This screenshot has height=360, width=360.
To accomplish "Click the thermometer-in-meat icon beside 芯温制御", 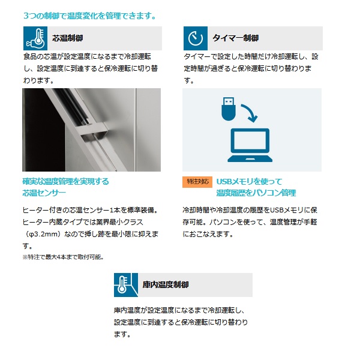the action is (x=35, y=38).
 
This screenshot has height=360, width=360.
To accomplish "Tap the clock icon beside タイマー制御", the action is (x=196, y=38).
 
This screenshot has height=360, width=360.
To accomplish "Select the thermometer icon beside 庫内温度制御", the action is (x=126, y=285).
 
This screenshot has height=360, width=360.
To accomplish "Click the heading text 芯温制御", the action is (x=67, y=38).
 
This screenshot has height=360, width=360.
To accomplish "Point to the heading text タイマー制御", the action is (x=236, y=38).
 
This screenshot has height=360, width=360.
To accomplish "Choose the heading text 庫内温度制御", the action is (x=166, y=284).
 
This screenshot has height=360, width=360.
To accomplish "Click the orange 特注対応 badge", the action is (x=197, y=182).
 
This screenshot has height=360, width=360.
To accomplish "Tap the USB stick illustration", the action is (x=228, y=109).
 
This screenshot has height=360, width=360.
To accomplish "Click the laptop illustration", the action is (x=250, y=145).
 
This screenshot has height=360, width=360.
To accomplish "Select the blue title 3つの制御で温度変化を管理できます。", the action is (x=90, y=16).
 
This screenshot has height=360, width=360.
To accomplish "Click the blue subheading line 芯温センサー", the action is (x=44, y=193).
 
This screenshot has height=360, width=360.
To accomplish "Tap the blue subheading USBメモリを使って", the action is (x=250, y=182).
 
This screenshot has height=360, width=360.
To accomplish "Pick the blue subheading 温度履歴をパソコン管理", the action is (x=256, y=193).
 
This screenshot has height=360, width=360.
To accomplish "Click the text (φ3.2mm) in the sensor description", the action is (x=43, y=234).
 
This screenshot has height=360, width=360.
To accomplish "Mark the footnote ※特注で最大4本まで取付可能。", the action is (x=63, y=257).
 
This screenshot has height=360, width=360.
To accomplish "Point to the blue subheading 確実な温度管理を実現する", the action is (x=65, y=182).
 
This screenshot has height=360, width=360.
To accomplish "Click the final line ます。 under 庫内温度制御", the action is (x=122, y=334).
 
